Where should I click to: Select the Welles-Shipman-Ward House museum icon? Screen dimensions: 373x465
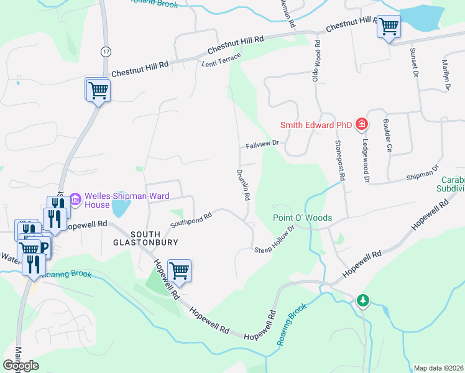(x=76, y=200)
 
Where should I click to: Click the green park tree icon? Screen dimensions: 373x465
(x=363, y=301)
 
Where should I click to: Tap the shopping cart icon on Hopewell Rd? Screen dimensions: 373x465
(x=179, y=270)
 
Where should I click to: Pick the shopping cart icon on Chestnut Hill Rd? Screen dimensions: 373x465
(x=389, y=27)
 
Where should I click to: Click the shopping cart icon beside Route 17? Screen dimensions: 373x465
(x=98, y=90)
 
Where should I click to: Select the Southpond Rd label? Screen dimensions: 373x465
(x=191, y=219)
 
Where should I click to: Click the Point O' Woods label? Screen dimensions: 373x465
(x=302, y=218)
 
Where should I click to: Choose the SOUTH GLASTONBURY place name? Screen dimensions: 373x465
(x=145, y=237)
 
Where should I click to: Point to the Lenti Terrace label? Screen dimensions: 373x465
(x=220, y=59)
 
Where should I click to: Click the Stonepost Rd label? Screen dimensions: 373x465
(x=339, y=160)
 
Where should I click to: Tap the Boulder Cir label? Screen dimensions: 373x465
(x=387, y=136)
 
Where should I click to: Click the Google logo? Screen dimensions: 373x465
(x=21, y=366)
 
